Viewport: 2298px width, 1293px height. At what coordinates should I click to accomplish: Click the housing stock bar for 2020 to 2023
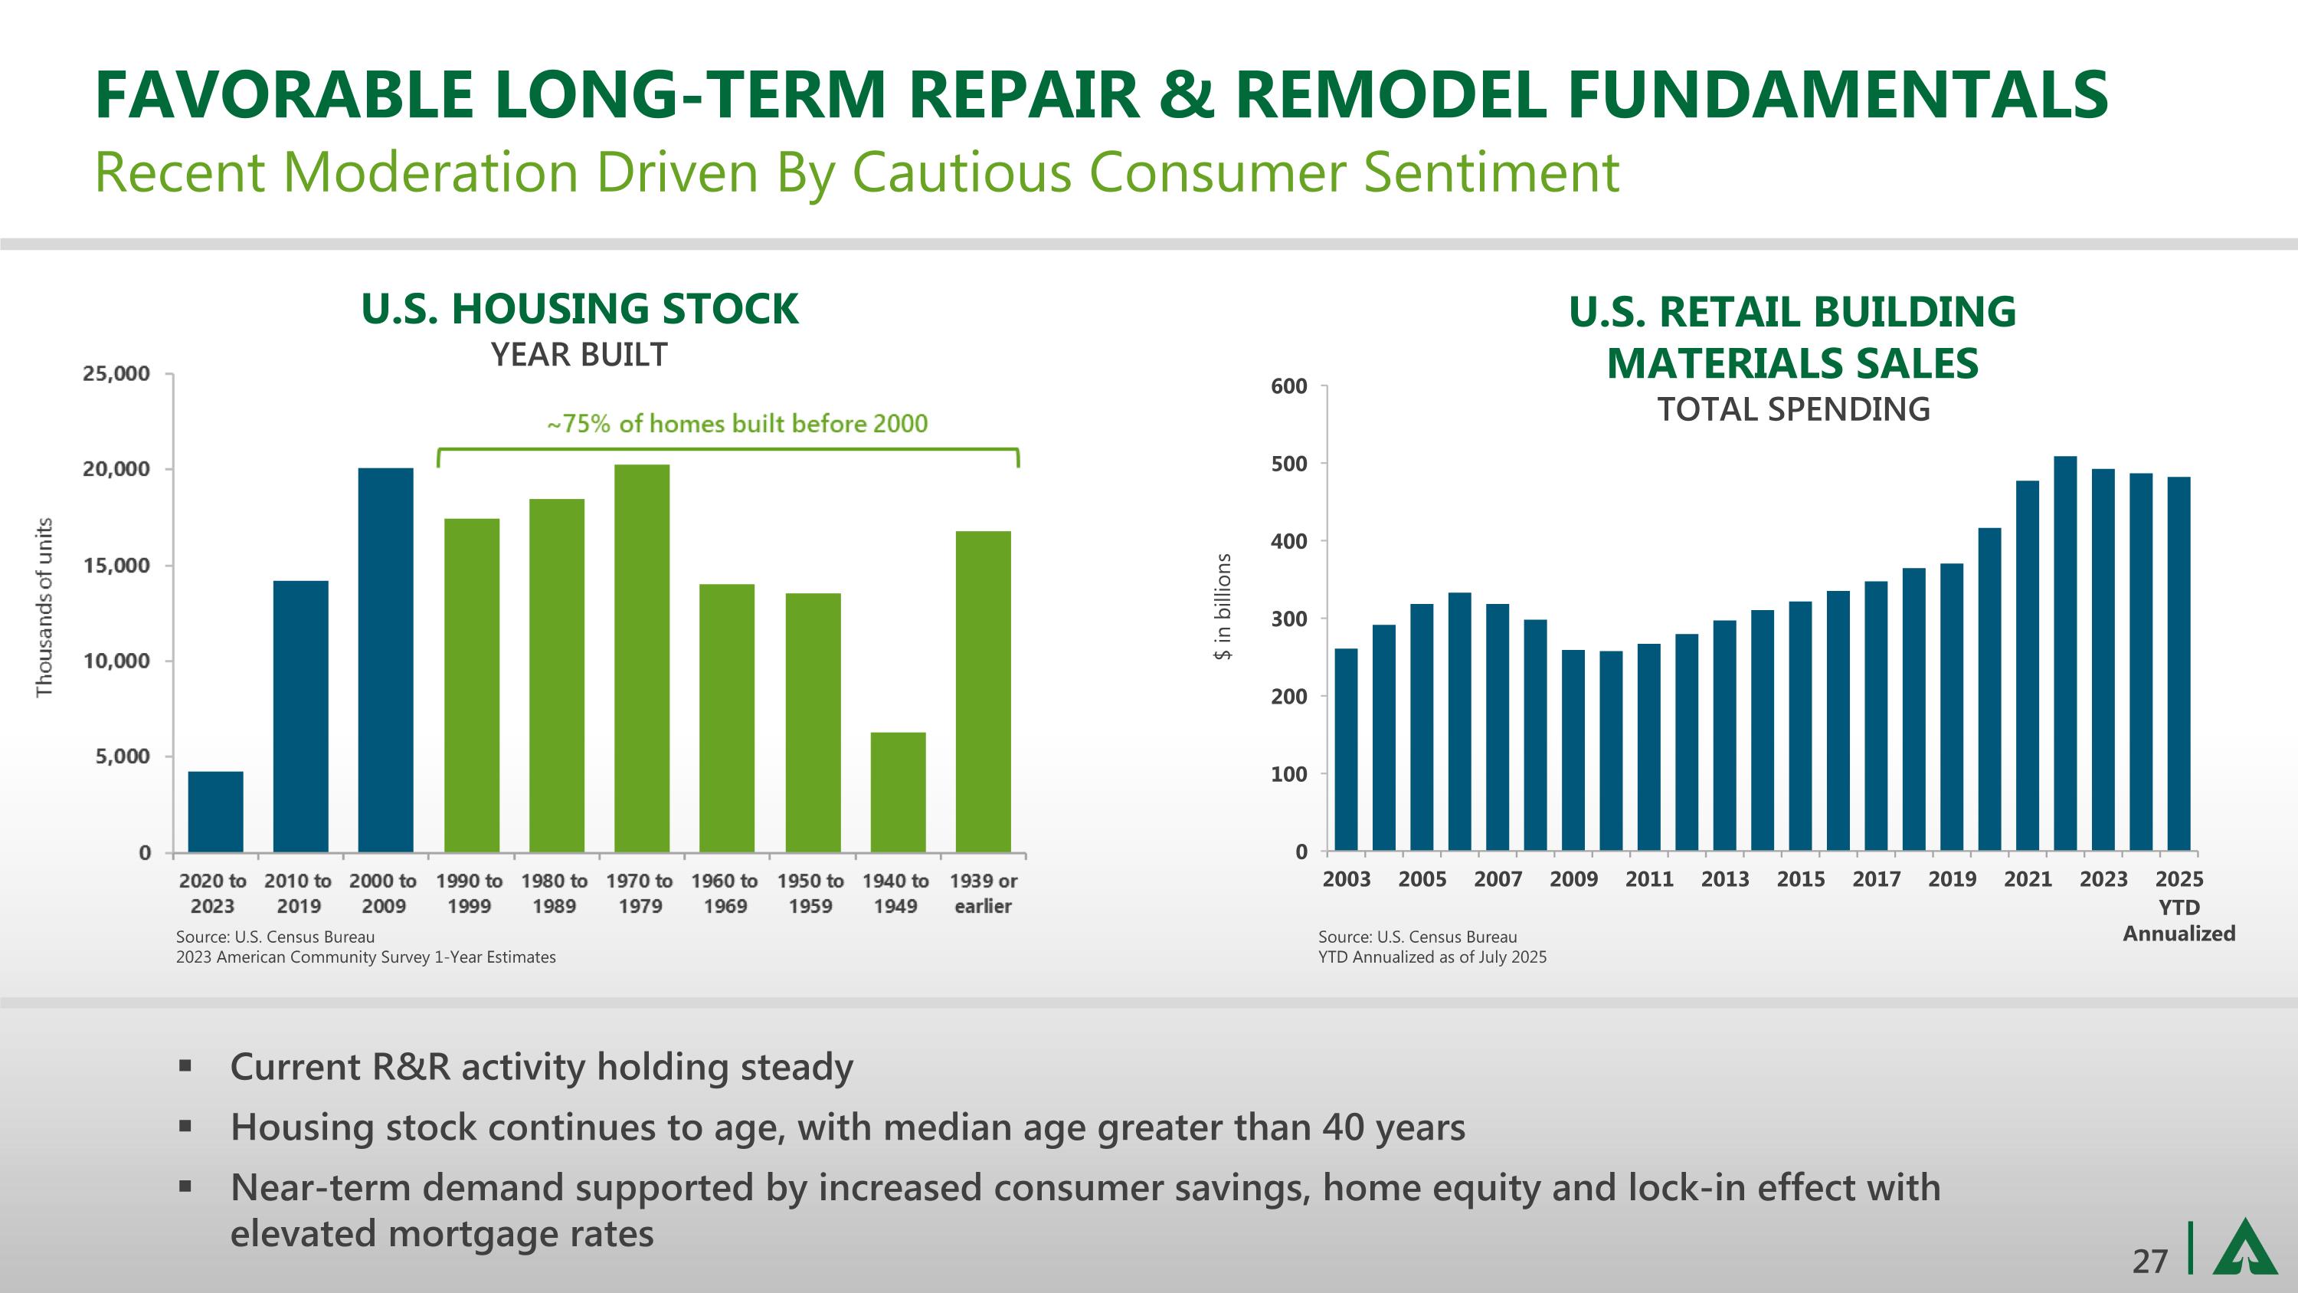point(215,811)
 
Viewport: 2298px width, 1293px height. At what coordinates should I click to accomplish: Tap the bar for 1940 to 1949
point(898,792)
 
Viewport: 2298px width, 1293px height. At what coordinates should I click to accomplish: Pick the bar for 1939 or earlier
point(983,691)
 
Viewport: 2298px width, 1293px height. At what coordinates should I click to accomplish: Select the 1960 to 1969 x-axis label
point(725,893)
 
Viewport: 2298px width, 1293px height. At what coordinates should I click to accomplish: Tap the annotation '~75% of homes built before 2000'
point(737,423)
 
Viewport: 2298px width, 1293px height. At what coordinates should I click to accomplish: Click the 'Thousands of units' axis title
point(44,609)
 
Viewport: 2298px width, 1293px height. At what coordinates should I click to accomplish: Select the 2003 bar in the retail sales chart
point(1345,750)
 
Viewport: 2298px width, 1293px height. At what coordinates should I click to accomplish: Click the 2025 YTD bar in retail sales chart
point(2179,664)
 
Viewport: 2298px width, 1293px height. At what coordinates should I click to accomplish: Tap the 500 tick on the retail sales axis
point(1288,464)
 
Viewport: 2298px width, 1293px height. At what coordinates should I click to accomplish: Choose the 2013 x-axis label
point(1724,879)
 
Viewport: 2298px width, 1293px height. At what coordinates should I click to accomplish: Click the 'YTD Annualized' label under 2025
point(2179,920)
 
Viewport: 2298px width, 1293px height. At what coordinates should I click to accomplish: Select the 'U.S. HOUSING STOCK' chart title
point(580,309)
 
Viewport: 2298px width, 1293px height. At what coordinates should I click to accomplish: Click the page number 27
point(2149,1261)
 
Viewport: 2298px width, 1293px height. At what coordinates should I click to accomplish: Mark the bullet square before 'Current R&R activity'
point(185,1065)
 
